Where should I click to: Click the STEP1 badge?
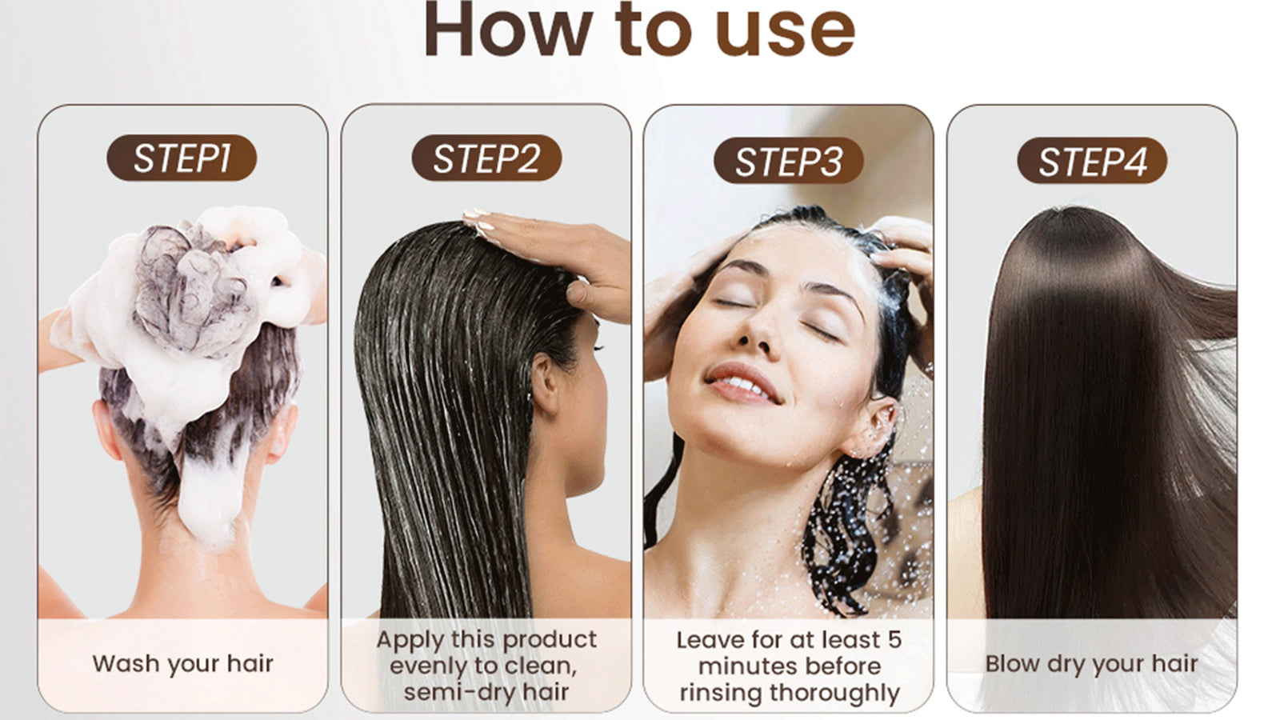pyautogui.click(x=182, y=158)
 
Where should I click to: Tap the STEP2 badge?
pyautogui.click(x=486, y=158)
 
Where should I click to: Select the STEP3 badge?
pyautogui.click(x=789, y=161)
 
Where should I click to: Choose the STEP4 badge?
pyautogui.click(x=1092, y=161)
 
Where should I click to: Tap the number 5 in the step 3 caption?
pyautogui.click(x=894, y=640)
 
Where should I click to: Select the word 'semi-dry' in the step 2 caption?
pyautogui.click(x=460, y=692)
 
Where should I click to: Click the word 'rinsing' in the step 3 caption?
pyautogui.click(x=721, y=693)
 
